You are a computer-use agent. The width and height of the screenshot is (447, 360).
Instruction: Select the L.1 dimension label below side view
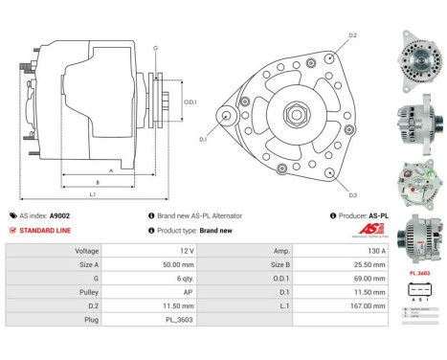93,195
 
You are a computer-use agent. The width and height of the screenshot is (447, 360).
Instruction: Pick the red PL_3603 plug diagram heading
417,272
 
